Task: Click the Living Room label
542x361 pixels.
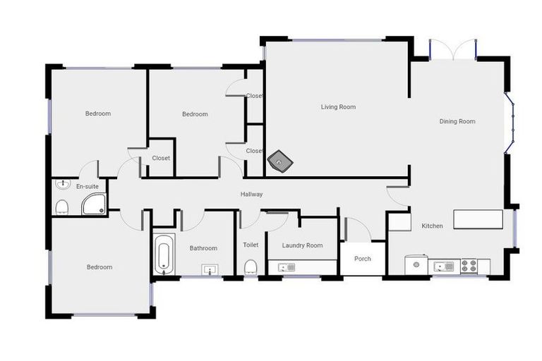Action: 338,107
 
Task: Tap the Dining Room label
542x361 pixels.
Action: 457,121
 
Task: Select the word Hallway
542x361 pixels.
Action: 251,194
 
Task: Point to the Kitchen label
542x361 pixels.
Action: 432,226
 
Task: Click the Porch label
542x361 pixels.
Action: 362,259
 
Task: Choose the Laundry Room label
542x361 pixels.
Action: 302,245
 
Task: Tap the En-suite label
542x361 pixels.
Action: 86,186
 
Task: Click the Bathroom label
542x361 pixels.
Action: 203,248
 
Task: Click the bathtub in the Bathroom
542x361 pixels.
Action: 163,255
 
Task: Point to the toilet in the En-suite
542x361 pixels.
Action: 62,206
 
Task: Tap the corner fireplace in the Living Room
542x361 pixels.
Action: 282,162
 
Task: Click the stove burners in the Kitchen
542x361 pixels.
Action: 469,266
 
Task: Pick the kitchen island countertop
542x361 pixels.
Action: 478,219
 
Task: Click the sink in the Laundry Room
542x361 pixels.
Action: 287,267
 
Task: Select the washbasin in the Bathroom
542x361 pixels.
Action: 209,269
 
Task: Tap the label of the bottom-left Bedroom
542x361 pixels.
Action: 100,267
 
